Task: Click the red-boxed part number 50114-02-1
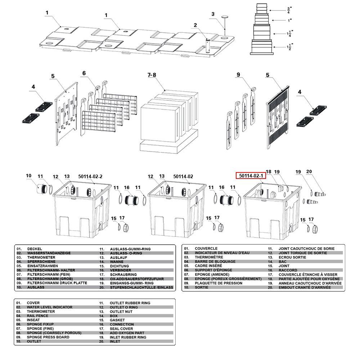coord(251,176)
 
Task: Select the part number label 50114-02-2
coord(90,176)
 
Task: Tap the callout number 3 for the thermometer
coord(213,14)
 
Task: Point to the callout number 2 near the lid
coord(195,25)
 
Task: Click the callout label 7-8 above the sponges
coord(152,75)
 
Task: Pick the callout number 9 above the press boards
coord(238,75)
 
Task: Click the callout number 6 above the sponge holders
coord(84,73)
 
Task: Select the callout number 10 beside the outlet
coord(28,176)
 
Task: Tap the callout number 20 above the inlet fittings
coord(309,171)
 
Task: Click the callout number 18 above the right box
coord(269,171)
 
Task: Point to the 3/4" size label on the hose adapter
coord(289,10)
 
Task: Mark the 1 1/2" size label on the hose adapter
coord(290,47)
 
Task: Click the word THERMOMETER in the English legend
coord(41,311)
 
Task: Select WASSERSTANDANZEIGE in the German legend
coord(49,253)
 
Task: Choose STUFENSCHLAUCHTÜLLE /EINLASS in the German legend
coord(141,287)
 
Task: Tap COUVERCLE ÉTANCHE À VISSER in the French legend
coord(308,275)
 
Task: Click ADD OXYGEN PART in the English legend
coord(127,333)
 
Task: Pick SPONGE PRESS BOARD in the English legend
coord(48,337)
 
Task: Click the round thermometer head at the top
coord(225,17)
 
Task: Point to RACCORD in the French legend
coord(288,270)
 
